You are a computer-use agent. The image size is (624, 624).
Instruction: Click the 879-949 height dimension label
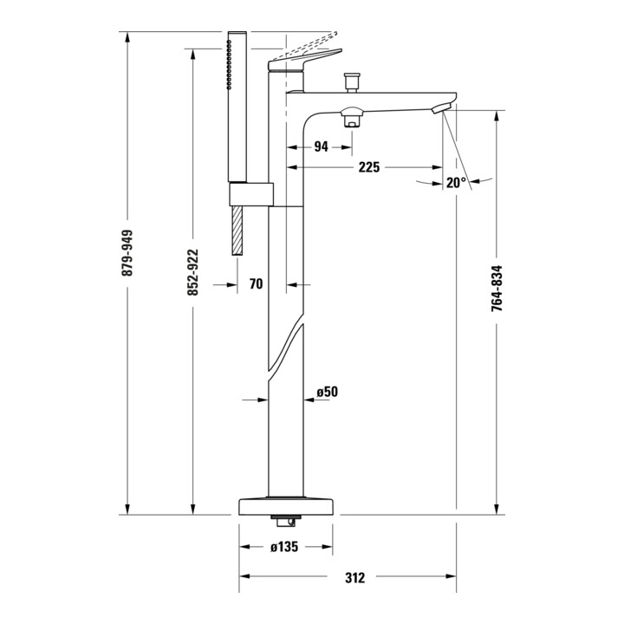click(x=127, y=253)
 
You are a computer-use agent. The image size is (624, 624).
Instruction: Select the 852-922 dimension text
click(x=193, y=272)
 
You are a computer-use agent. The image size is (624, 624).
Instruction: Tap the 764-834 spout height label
click(x=497, y=289)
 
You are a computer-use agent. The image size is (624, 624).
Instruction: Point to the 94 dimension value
click(x=322, y=146)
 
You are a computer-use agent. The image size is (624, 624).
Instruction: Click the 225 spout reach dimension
click(x=369, y=167)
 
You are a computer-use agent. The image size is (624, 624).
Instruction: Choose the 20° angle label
click(x=456, y=183)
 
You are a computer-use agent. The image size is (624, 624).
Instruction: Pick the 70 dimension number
click(x=257, y=284)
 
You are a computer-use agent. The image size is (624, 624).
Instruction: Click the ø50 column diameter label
click(x=327, y=392)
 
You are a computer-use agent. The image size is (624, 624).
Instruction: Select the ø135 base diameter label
click(x=284, y=547)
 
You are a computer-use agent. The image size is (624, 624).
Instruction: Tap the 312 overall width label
click(x=354, y=577)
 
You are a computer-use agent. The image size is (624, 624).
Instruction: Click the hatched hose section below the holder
click(x=237, y=231)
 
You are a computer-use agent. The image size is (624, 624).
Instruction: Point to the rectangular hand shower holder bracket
click(x=251, y=195)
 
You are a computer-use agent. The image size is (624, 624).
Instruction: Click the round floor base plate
click(x=285, y=505)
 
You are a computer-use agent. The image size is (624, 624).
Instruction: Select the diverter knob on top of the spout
click(x=351, y=83)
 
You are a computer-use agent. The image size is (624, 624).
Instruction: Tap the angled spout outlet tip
click(x=441, y=107)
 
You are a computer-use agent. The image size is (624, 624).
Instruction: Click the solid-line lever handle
click(x=305, y=60)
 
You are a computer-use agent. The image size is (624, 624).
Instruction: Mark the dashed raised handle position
click(x=307, y=44)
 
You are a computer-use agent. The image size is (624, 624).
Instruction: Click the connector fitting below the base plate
click(x=284, y=521)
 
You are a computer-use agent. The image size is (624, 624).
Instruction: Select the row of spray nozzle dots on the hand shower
click(x=229, y=64)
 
